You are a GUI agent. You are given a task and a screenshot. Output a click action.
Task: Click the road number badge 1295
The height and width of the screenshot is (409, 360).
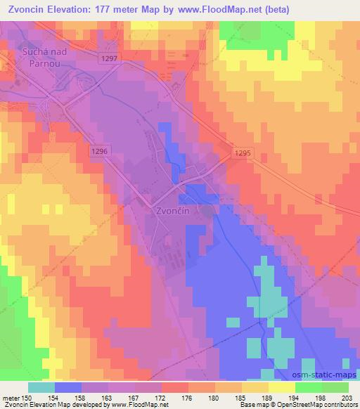pos(243,152)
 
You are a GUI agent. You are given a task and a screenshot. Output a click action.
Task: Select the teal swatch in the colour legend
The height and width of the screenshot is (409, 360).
pos(41,387)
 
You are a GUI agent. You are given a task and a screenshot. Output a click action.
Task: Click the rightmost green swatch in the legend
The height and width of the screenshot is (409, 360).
pos(335,387)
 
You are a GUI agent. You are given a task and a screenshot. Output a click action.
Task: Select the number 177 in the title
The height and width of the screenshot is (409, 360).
pos(117,9)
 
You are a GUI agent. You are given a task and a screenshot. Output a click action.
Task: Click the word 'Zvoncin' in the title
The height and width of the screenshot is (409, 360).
pos(28,9)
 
